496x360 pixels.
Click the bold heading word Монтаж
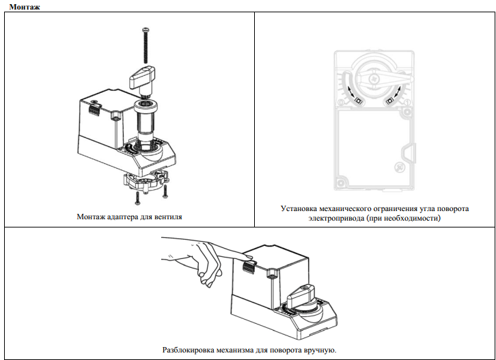[25, 7]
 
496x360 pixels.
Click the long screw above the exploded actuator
[146, 45]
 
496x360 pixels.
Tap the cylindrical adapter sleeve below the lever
[146, 120]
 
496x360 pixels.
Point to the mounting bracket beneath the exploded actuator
[146, 182]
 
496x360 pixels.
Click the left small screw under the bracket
[137, 198]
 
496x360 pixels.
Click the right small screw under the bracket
[165, 192]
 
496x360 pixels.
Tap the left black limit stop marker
[359, 100]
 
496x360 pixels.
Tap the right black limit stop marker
[389, 100]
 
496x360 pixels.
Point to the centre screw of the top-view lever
[374, 78]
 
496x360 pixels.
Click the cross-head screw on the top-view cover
[399, 167]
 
